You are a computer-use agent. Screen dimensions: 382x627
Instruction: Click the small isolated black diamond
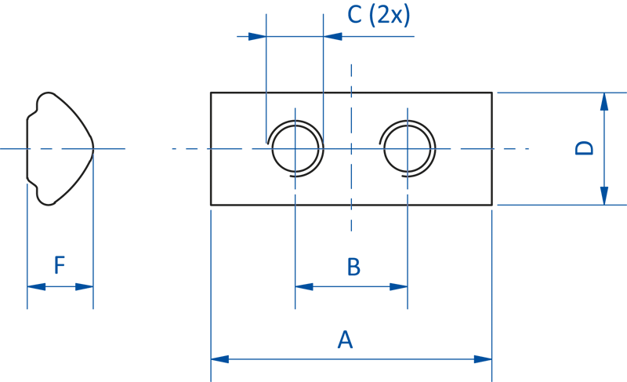(x=337, y=93)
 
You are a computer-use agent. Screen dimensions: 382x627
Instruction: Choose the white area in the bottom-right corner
(x=560, y=330)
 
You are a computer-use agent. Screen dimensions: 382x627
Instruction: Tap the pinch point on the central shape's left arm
(x=209, y=147)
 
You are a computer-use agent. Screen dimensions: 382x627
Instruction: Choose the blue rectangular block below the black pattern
(x=259, y=329)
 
